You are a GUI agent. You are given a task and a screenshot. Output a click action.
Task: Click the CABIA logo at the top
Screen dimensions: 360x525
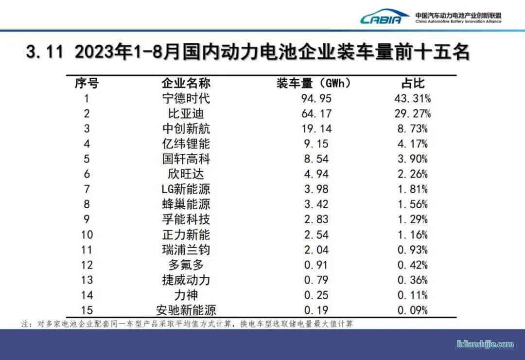point(384,18)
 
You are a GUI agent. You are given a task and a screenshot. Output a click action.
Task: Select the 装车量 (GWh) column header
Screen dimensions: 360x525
point(314,83)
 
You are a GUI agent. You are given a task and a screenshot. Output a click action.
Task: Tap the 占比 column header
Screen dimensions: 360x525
point(412,83)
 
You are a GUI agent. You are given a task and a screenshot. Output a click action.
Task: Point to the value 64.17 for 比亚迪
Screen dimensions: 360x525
point(316,113)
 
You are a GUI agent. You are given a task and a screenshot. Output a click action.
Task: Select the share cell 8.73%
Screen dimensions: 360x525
point(412,128)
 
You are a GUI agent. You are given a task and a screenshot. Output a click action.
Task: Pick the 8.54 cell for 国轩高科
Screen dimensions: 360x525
point(316,159)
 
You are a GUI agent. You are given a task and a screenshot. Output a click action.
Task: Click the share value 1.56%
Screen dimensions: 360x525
point(412,204)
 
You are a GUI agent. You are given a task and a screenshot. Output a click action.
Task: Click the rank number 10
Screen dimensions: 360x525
point(87,234)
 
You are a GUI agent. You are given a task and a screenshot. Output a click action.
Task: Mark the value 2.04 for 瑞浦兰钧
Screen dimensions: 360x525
point(316,250)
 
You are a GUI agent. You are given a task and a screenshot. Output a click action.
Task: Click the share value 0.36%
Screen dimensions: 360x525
point(412,280)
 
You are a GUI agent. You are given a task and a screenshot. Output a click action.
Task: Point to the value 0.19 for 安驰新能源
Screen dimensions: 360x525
point(316,310)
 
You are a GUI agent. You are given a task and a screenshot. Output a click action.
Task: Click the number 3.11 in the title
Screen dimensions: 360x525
point(45,52)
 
